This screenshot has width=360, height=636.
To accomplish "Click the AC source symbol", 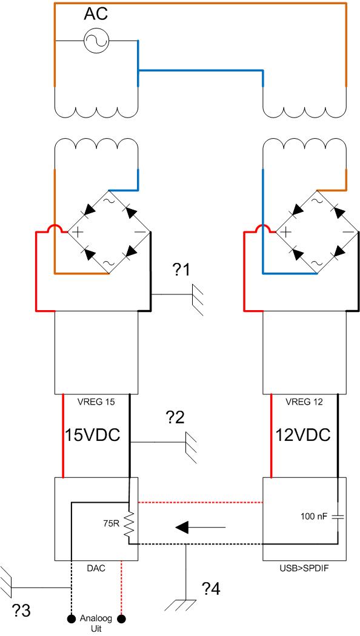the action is (96, 41).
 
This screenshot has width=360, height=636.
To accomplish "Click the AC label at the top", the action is (96, 15).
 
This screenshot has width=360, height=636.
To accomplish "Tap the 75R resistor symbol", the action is (130, 526).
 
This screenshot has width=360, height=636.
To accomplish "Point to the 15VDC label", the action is (93, 436).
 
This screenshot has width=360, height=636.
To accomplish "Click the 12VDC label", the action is (303, 436).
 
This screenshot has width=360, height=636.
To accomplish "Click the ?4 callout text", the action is (211, 589).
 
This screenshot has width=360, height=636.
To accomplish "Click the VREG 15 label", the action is (96, 403).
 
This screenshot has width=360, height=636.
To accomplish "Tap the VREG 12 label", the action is (304, 403).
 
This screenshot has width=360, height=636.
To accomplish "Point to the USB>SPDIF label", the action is (304, 568).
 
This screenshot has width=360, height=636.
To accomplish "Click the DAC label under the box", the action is (96, 568).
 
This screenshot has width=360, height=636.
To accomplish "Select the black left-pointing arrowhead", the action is (182, 528).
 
